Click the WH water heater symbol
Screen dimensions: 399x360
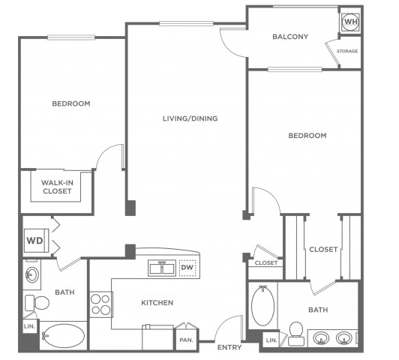coord(351,22)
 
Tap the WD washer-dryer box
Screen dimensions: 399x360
coord(36,241)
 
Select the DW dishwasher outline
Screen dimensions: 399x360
coord(187,268)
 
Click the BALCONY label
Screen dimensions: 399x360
coord(290,37)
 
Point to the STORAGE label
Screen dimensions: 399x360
coord(347,51)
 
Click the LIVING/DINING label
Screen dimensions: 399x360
coord(190,118)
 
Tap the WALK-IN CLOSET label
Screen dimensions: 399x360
coord(57,187)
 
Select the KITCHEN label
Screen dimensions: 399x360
coord(157,303)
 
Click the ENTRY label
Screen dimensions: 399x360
coord(229,347)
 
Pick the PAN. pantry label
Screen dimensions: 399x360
coord(186,340)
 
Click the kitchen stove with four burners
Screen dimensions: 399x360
coord(101,304)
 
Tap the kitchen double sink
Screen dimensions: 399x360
coord(162,268)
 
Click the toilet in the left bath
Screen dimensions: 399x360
coord(37,303)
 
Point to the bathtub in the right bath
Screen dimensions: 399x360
coord(262,305)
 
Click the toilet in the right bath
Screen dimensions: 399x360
coord(296,334)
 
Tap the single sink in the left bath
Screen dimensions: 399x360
coord(32,274)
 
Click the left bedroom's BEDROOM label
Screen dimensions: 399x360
coord(71,103)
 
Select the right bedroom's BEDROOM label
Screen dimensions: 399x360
coord(307,136)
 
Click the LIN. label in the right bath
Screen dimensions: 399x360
coord(271,340)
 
